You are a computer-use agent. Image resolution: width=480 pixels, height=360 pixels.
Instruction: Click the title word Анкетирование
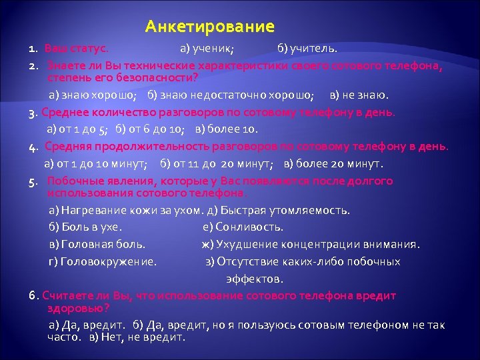(210, 27)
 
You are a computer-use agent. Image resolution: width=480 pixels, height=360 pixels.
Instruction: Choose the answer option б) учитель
(307, 49)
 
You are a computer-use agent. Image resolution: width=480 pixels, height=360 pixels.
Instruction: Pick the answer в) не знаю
(363, 95)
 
